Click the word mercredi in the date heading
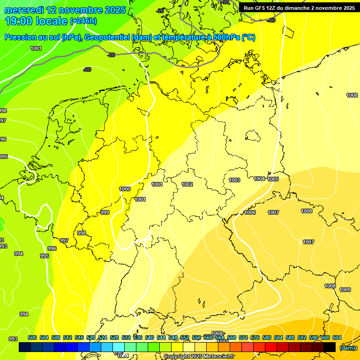24,10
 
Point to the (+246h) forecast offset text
83,21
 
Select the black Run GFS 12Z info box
299,8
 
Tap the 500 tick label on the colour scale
32,337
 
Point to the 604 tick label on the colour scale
337,337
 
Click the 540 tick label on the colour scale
150,337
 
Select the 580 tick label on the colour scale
267,337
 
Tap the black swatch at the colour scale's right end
330,347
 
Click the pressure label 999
105,212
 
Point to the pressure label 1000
125,189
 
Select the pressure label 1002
187,184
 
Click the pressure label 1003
234,180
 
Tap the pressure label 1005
273,179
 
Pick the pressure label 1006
250,212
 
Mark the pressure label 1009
345,290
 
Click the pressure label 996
52,248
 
